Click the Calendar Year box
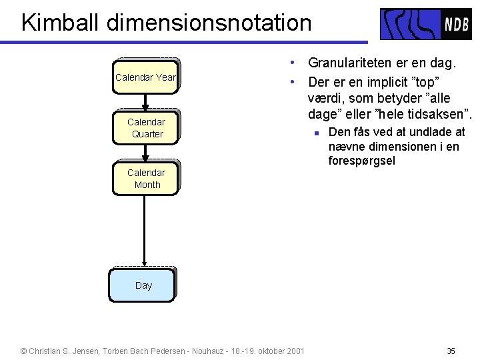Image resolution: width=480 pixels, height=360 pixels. [x=145, y=77]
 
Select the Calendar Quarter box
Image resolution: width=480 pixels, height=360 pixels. [x=146, y=128]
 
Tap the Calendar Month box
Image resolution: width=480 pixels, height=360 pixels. [x=146, y=179]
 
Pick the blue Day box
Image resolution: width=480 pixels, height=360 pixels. [x=143, y=285]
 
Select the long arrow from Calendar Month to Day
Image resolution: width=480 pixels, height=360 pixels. [x=145, y=231]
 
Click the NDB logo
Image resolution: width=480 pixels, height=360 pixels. [x=425, y=24]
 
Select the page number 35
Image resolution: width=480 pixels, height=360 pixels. [x=451, y=351]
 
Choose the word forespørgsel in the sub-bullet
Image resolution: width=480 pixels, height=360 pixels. [x=362, y=161]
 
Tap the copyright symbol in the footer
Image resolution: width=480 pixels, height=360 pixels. [x=24, y=351]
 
